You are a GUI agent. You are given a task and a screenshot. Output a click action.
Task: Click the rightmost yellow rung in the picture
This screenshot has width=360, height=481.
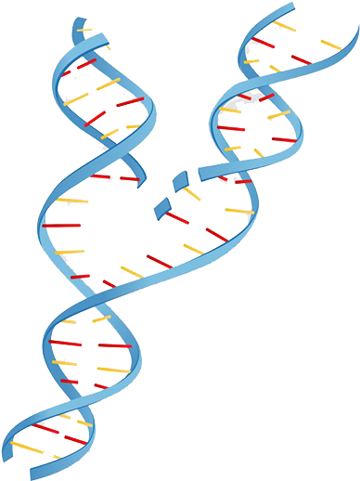tap(331, 45)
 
